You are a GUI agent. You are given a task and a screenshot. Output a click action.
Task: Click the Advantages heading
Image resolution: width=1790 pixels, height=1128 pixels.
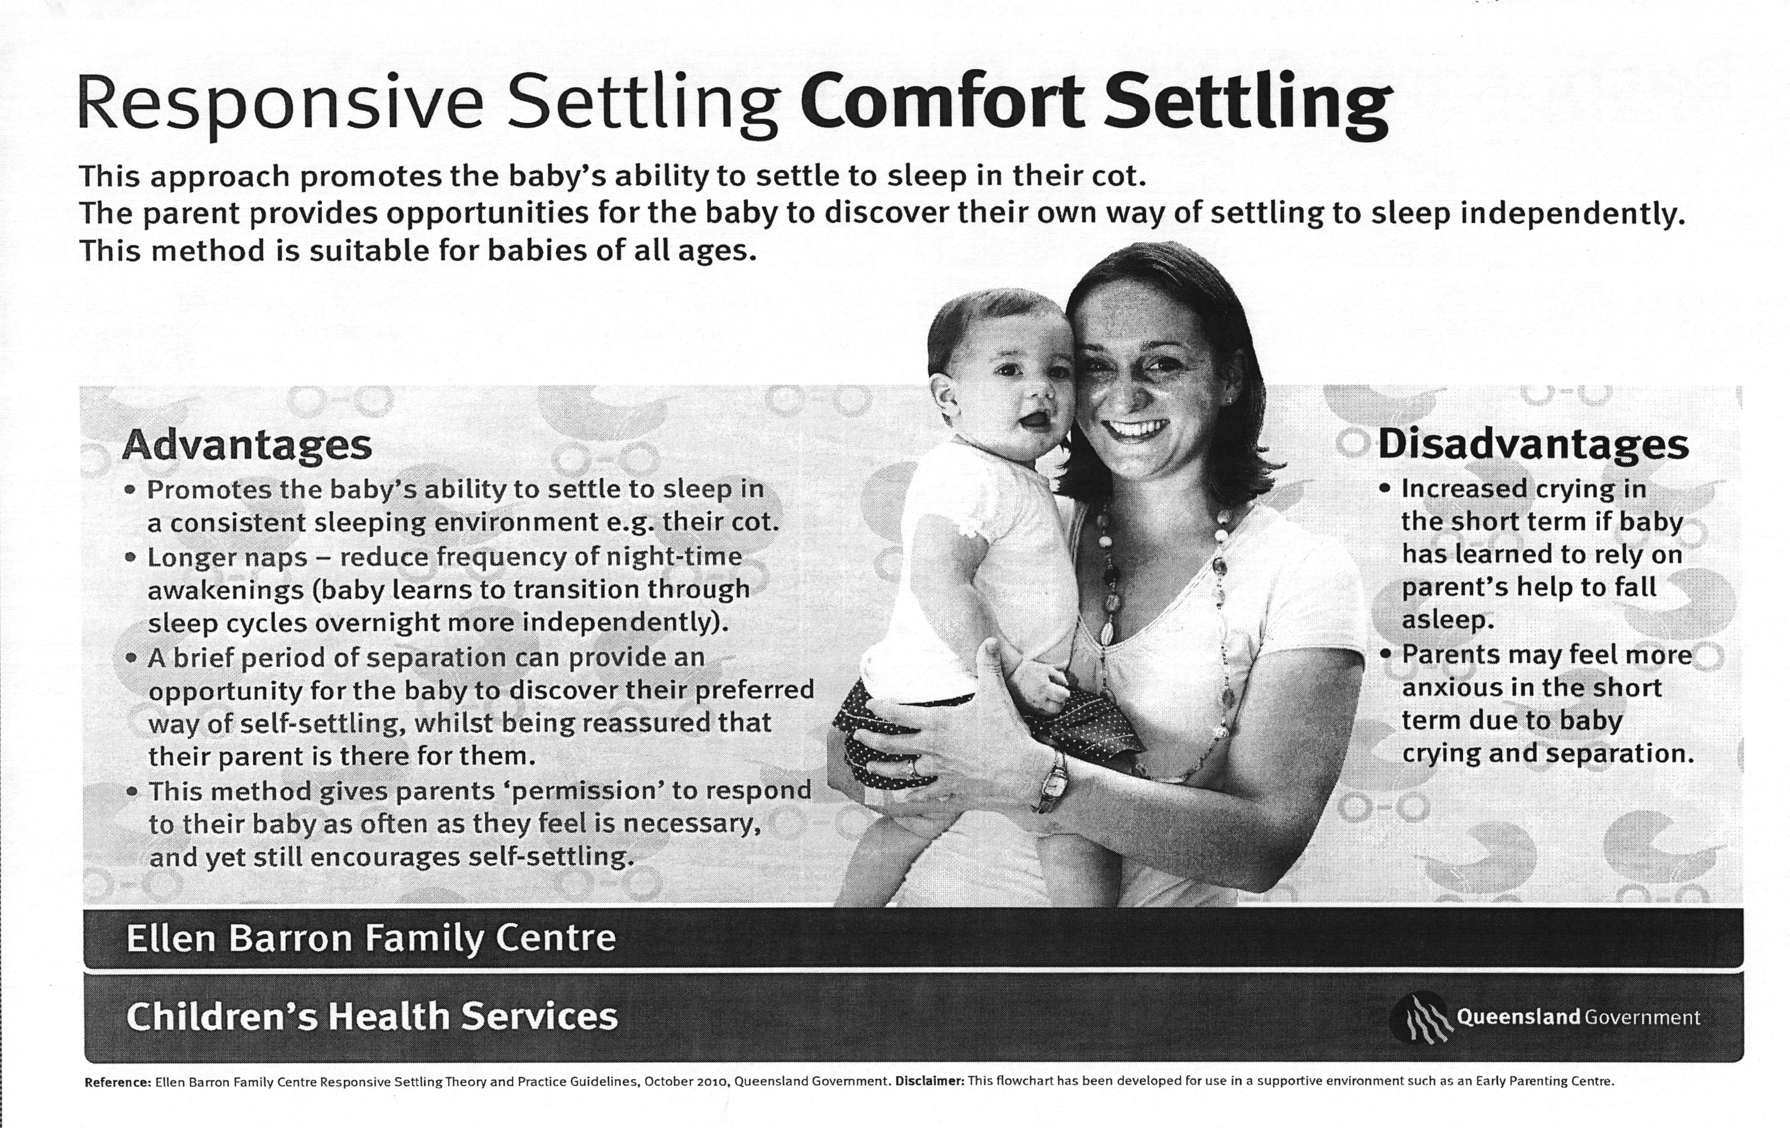(247, 446)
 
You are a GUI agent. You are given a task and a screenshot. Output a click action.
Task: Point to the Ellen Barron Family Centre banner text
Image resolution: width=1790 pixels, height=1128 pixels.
(371, 938)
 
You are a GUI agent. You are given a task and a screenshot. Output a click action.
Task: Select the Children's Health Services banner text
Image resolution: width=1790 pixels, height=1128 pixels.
(372, 1016)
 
